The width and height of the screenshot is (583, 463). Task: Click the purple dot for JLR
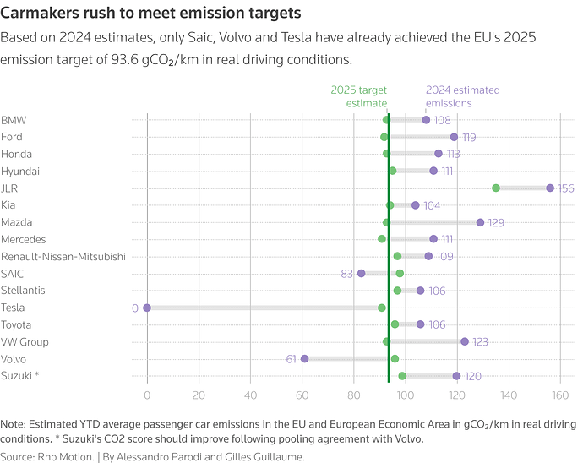click(x=550, y=188)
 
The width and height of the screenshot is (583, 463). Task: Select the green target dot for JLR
click(x=496, y=188)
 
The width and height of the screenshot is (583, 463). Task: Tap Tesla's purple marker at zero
click(x=147, y=308)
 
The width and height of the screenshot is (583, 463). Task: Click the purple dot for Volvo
click(x=304, y=359)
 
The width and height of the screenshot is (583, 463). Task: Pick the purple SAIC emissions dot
click(x=362, y=273)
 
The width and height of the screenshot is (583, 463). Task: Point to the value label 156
click(x=566, y=188)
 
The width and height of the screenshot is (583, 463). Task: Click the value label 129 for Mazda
click(x=498, y=222)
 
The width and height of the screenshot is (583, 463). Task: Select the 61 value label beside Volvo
click(x=291, y=359)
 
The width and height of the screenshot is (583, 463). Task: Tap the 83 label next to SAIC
click(x=347, y=274)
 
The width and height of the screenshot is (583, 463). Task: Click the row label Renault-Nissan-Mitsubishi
click(x=63, y=256)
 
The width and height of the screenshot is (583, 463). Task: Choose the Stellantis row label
click(x=24, y=291)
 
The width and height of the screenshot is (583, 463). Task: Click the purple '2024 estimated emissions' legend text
click(x=462, y=96)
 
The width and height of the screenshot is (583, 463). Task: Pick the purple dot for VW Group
click(x=465, y=341)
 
